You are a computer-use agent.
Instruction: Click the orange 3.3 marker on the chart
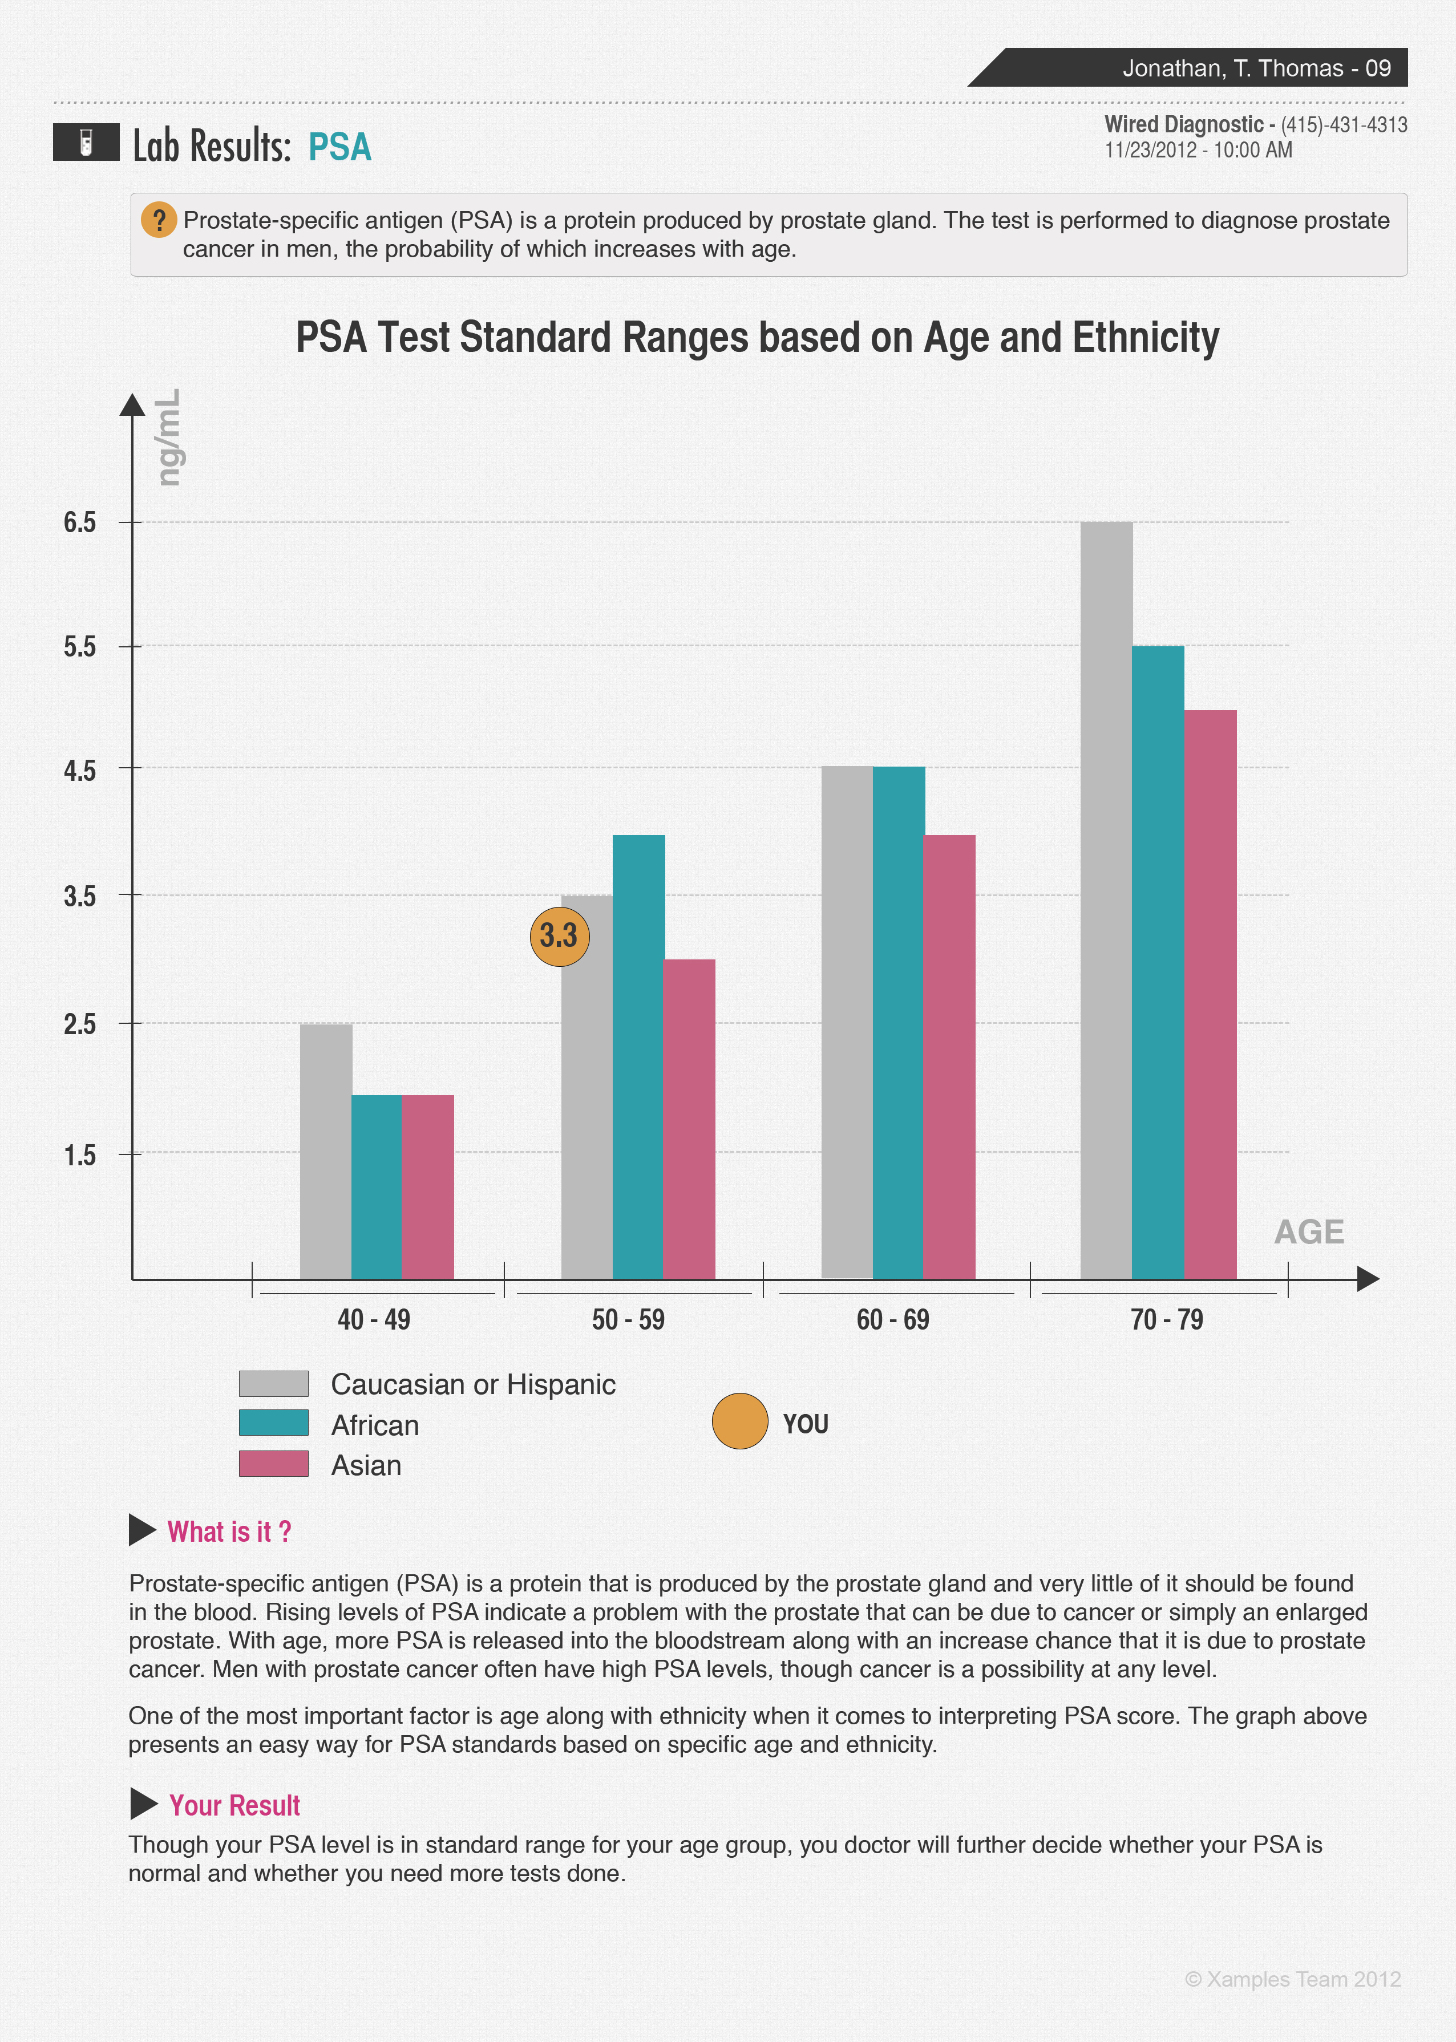(x=560, y=937)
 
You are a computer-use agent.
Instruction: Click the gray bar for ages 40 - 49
(x=325, y=1151)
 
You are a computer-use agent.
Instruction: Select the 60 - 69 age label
(x=892, y=1319)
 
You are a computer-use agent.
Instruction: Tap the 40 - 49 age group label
(x=374, y=1319)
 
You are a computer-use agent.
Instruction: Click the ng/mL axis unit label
(x=168, y=437)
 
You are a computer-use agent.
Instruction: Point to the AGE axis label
(x=1308, y=1231)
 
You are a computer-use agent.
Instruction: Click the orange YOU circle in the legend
(x=739, y=1421)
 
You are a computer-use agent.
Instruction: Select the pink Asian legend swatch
(x=273, y=1464)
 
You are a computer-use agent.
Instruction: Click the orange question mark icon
(x=159, y=220)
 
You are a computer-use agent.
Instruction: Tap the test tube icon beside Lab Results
(x=86, y=141)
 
